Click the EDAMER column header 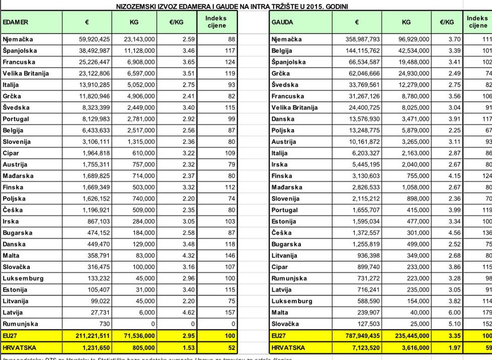(x=15, y=22)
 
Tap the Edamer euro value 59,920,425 (x=94, y=39)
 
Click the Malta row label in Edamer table (x=11, y=256)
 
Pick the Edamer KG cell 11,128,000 (x=139, y=51)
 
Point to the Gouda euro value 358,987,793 (x=363, y=39)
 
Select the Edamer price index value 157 (x=230, y=313)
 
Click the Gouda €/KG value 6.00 (x=454, y=313)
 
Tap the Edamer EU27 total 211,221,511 (x=93, y=336)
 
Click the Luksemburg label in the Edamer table (x=23, y=278)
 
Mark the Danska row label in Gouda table (x=283, y=119)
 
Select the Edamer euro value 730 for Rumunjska (x=104, y=324)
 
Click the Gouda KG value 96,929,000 (x=414, y=39)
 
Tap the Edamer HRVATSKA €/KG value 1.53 (x=188, y=348)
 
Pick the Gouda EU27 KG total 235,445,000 (x=412, y=336)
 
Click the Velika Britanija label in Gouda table (x=295, y=108)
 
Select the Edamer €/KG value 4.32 (x=188, y=256)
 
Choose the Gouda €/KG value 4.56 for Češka (x=454, y=233)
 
